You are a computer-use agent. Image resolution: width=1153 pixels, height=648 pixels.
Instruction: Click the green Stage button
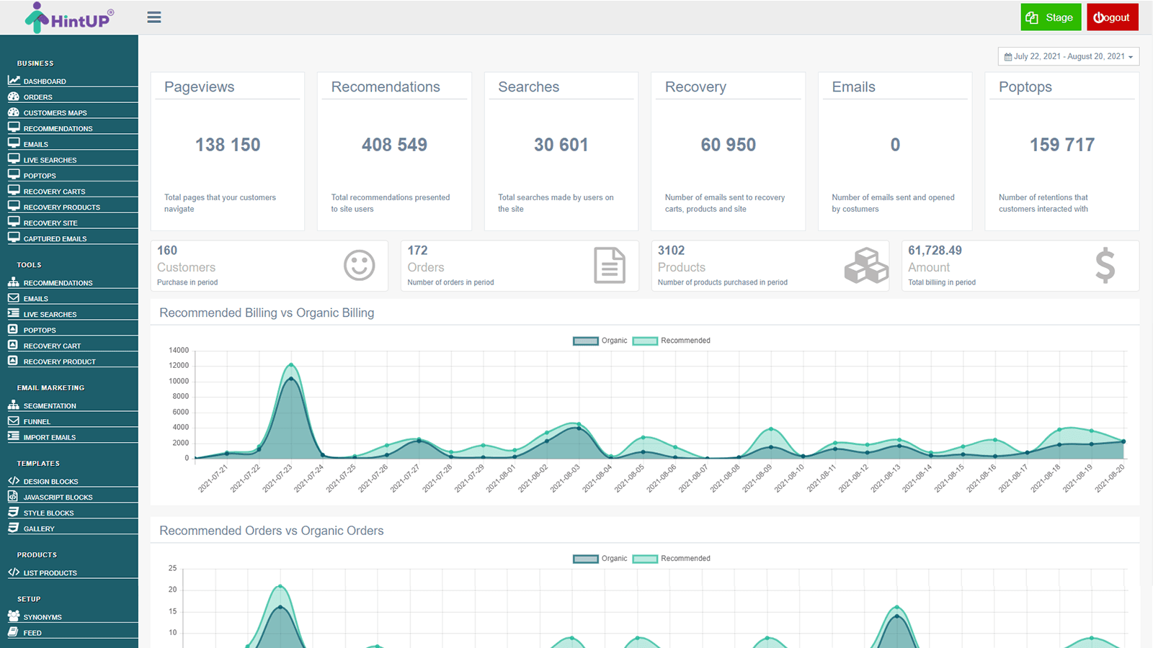[1050, 17]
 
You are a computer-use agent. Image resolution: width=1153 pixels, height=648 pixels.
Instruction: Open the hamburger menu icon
[153, 17]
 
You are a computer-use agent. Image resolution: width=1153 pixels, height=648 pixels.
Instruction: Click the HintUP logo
[69, 18]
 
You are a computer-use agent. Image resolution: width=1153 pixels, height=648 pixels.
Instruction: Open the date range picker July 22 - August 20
[1068, 56]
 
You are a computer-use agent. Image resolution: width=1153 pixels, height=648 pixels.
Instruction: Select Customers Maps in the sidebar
[55, 113]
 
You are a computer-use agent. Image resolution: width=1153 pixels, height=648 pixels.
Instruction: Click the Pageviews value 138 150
[228, 145]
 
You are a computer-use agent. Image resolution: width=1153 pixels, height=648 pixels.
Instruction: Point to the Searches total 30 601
[561, 145]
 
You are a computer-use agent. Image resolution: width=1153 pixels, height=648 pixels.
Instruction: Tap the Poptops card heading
[1025, 87]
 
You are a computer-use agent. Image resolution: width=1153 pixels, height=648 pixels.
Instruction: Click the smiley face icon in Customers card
[359, 266]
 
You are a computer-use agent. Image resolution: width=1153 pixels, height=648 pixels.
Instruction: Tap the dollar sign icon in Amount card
[1105, 265]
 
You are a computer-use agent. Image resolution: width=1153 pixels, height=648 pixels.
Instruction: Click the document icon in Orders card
[610, 265]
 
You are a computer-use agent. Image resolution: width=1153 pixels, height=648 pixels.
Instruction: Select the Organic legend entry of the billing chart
[600, 341]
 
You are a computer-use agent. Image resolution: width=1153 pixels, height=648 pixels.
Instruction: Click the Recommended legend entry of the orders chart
[672, 559]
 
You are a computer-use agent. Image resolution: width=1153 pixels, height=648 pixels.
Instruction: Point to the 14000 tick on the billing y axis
[178, 351]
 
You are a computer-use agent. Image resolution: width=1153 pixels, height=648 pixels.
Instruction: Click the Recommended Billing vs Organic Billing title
[267, 313]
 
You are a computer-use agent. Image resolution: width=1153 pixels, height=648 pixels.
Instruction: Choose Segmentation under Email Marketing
[49, 406]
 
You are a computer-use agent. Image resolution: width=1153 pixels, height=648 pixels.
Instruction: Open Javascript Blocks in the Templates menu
[58, 498]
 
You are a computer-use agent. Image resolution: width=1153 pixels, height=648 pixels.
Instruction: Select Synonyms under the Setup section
[42, 618]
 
